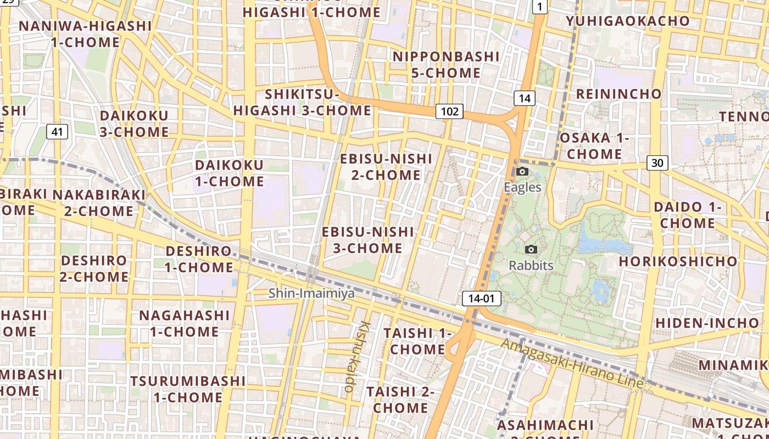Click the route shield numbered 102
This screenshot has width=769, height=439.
pos(449,111)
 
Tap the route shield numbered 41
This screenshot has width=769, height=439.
pos(57,131)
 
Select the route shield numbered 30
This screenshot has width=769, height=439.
pos(657,162)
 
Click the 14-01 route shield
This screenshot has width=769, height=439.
pos(482,299)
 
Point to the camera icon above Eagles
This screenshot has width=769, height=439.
pos(522,172)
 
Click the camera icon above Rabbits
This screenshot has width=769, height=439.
pos(531,250)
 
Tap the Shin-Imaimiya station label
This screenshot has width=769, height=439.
pos(311,294)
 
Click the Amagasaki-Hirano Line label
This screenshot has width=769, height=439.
pos(572,363)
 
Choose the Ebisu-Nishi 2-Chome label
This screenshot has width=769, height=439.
pos(386,167)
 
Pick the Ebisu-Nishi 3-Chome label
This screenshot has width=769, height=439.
pos(367,240)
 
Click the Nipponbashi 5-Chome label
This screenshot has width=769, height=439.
pos(446,64)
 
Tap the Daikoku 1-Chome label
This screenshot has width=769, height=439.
pos(229,173)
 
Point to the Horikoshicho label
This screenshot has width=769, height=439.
pos(677,261)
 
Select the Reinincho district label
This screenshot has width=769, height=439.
pos(618,94)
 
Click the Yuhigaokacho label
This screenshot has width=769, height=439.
pos(628,21)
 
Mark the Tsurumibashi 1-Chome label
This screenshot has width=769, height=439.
pos(188,389)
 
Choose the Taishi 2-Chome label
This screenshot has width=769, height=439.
pos(400,399)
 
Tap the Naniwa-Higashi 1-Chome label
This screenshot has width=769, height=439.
pos(85,34)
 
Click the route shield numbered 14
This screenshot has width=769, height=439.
pos(525,98)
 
